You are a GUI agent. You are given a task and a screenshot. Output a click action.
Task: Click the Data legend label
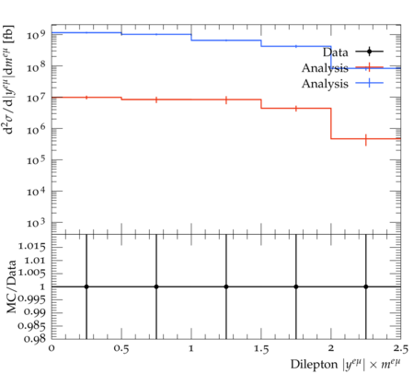coord(336,53)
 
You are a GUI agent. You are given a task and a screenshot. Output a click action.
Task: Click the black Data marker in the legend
coord(369,52)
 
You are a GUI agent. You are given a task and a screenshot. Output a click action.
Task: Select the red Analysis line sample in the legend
coord(369,67)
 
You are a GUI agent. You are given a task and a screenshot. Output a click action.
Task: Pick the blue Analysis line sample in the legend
coord(369,83)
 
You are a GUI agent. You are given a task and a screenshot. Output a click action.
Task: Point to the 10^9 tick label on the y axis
coord(36,34)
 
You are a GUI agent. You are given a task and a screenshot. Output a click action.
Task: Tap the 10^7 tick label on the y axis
coord(36,97)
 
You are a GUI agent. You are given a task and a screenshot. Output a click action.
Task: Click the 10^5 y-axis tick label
coord(36,159)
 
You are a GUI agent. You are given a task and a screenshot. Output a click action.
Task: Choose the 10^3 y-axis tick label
coord(36,222)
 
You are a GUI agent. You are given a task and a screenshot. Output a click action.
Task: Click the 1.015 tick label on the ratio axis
coord(32,246)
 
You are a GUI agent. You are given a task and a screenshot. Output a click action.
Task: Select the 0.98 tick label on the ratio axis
coord(35,339)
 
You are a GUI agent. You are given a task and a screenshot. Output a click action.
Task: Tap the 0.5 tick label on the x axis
coord(121,349)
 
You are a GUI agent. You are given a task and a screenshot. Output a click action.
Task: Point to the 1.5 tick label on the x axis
coord(261,349)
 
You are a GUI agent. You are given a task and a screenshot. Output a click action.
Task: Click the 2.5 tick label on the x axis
coord(401,349)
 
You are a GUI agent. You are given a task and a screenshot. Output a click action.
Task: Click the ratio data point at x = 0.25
coord(86,286)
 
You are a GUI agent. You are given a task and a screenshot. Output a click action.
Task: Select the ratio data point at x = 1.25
coord(226,286)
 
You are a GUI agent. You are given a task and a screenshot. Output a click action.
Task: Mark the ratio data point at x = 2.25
coord(366,286)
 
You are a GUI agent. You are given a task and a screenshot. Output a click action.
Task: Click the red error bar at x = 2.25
coord(366,140)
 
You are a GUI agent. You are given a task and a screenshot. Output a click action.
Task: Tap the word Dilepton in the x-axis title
coord(314,364)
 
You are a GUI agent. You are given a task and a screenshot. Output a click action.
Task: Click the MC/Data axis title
coord(11,286)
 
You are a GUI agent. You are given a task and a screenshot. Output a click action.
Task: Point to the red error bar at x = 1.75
coord(296,109)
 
